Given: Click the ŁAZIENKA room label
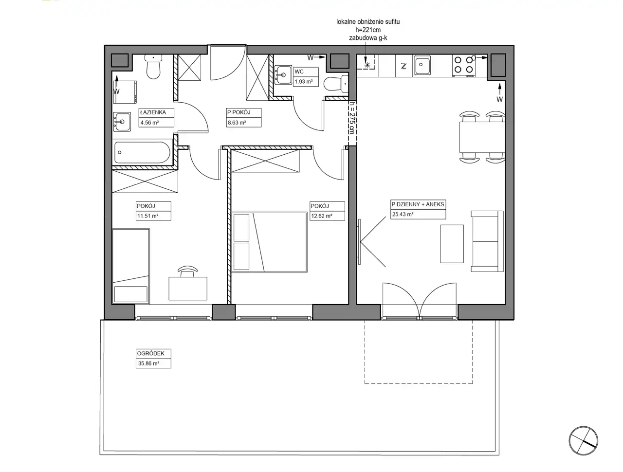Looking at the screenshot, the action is [153, 112].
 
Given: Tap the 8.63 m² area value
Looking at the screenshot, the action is [237, 123].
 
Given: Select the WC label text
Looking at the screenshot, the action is [299, 72].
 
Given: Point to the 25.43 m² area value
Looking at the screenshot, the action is [403, 215].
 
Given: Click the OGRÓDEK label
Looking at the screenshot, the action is [151, 353].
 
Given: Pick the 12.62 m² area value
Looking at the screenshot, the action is [322, 216].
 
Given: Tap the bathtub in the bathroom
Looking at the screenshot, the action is [142, 153].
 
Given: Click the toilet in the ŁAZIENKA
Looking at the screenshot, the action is [153, 67].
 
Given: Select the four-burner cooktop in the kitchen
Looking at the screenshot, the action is [463, 65].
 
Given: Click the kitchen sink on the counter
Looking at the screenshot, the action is [422, 65].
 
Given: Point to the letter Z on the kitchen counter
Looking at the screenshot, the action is [403, 66].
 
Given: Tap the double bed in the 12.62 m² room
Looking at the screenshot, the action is [269, 242].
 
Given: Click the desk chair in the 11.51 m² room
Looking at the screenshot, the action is [187, 272].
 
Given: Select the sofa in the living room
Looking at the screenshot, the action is [487, 241].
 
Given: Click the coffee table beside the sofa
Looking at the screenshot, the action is [452, 244].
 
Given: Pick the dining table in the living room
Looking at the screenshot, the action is [482, 137].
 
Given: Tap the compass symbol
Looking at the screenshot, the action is [584, 441].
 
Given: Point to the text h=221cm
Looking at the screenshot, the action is [368, 30].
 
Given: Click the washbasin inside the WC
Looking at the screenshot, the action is [283, 75].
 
